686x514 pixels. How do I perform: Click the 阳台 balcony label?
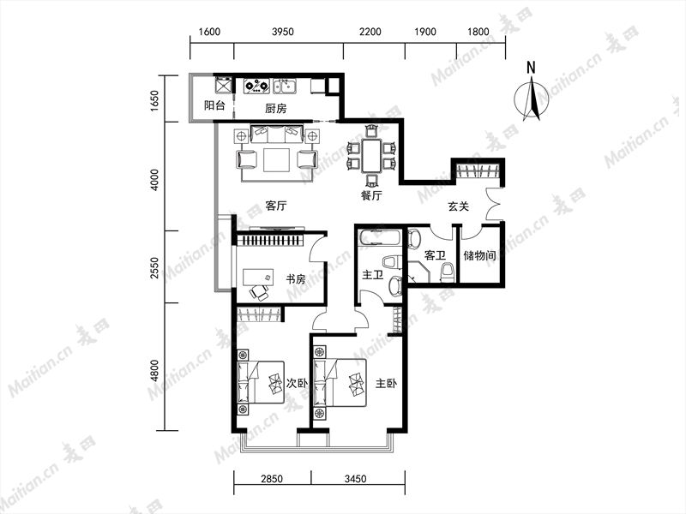coord(215,105)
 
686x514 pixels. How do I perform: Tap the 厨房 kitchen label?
coord(275,108)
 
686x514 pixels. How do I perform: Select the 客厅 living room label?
coord(275,206)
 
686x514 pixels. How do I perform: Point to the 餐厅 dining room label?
coord(371,195)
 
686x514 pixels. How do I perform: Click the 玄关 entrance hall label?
coord(459,206)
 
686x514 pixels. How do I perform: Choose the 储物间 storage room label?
coord(479,254)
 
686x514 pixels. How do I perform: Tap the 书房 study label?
coord(296,279)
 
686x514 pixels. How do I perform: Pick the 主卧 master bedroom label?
coord(387,383)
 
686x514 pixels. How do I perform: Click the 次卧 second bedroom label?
coord(297,383)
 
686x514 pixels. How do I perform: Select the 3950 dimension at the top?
coord(283,32)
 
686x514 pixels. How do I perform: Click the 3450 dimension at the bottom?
coord(355,479)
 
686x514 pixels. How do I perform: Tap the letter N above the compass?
coord(531,68)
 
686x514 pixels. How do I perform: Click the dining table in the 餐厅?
coord(371,156)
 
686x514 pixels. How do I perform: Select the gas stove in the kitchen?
coord(256,87)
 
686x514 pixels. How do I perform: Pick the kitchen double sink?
coord(285,87)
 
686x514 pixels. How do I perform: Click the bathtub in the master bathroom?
coord(379,239)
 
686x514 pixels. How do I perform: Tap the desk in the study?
coord(258,278)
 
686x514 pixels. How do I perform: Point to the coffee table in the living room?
coord(276,160)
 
